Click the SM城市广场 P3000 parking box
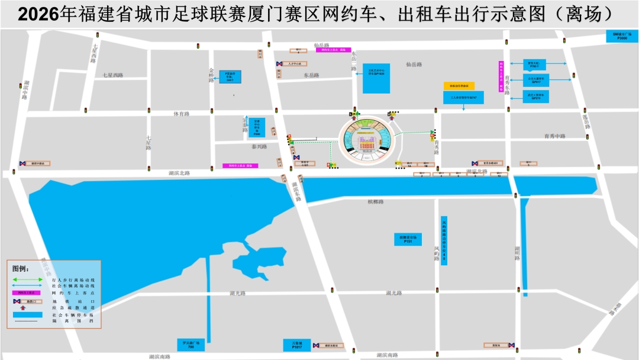coord(623,36)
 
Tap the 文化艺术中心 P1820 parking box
coord(376,77)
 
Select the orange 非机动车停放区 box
coord(459,86)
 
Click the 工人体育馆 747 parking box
coord(463,97)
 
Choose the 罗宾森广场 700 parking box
coord(191,345)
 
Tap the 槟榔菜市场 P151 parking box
coord(408,239)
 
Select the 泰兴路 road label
coord(259,146)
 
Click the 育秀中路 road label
coord(555,136)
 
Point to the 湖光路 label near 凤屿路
coord(393,292)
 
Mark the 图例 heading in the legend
coord(21,268)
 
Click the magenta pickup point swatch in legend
coord(27,292)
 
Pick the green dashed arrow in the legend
coord(27,279)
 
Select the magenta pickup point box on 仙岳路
coord(333,50)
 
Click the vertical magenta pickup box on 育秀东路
coord(501,76)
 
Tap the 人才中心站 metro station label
coord(294,63)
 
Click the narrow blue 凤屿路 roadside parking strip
coord(444,240)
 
